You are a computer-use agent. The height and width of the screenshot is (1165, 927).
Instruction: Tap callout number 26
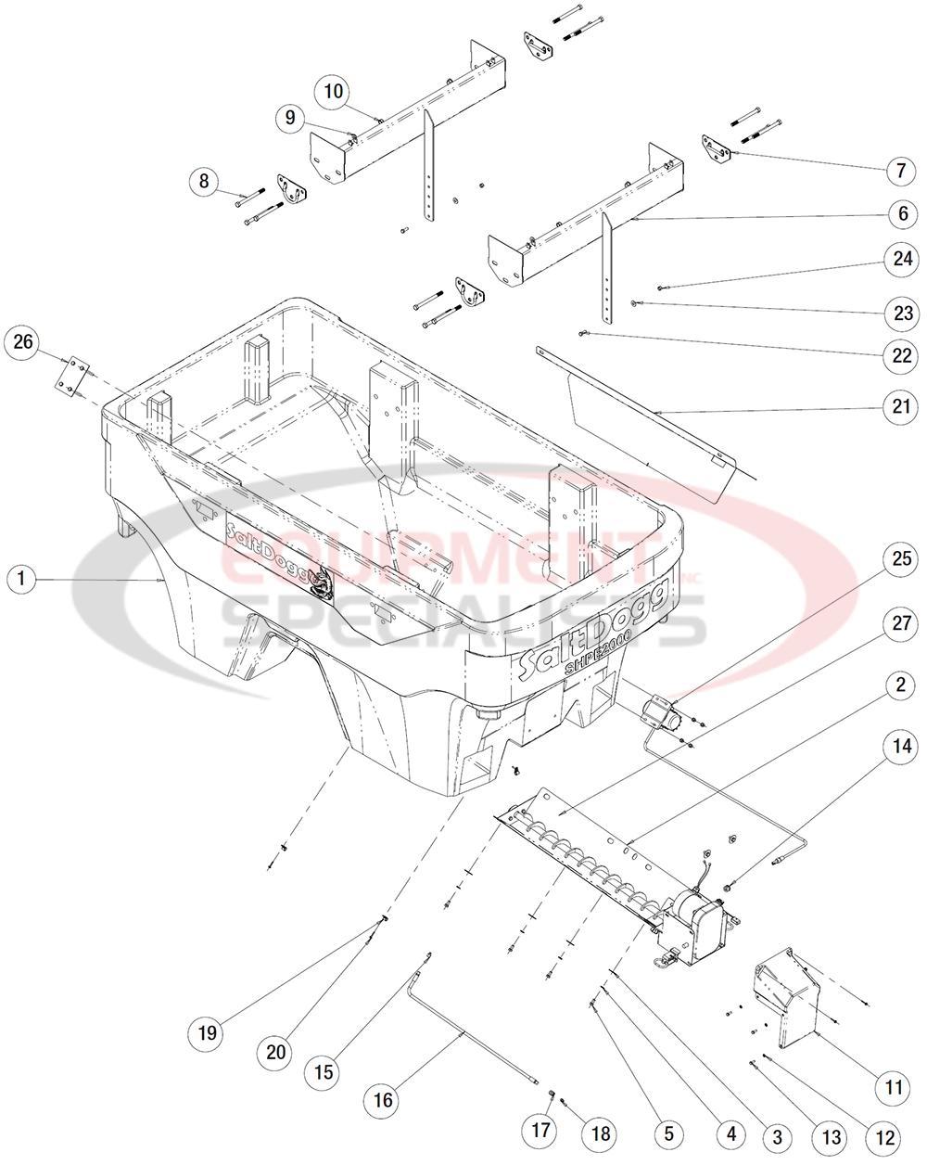[23, 342]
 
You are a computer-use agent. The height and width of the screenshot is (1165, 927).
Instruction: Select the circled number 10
[334, 91]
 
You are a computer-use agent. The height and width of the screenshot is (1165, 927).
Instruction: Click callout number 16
[383, 1101]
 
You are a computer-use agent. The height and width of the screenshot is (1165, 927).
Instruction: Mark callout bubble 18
[601, 1133]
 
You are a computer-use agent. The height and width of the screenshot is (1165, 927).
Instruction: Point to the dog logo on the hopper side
[324, 582]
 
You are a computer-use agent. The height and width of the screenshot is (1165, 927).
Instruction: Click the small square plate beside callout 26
[70, 378]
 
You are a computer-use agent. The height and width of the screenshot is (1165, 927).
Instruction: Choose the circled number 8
[204, 181]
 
